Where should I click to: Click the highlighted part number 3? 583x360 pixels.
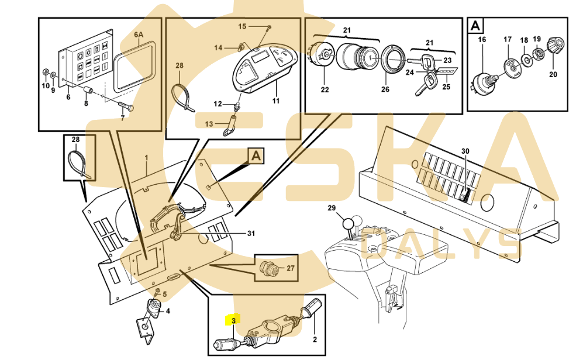click(233, 320)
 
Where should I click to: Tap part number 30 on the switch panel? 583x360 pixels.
click(465, 151)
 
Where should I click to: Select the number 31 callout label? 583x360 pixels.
click(251, 234)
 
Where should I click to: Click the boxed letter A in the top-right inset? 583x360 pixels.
click(476, 26)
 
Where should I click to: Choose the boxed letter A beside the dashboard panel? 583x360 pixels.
click(256, 156)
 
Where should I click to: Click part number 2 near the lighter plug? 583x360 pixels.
click(315, 339)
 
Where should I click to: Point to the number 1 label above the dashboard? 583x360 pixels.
click(146, 158)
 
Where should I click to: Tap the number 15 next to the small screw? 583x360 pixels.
click(242, 27)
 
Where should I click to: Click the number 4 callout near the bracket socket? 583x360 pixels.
click(168, 311)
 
